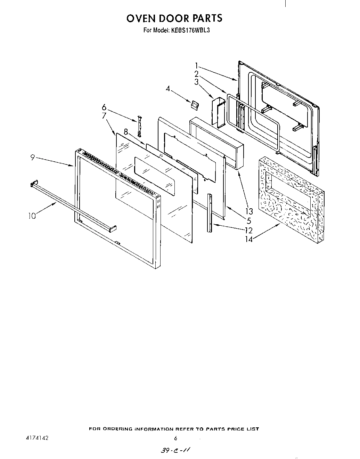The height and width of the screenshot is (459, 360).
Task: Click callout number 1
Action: click(x=197, y=65)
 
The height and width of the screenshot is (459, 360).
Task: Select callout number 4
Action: click(x=168, y=89)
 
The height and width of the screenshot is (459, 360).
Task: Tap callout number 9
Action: click(x=32, y=158)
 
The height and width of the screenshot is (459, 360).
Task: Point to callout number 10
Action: click(x=32, y=216)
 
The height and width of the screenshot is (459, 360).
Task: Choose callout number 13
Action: click(x=249, y=211)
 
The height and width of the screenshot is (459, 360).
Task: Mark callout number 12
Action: click(x=249, y=230)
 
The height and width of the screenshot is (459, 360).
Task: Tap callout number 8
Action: click(x=126, y=132)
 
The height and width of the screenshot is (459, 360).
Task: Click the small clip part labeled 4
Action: click(x=194, y=103)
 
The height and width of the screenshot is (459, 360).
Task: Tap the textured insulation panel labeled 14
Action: click(x=292, y=202)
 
